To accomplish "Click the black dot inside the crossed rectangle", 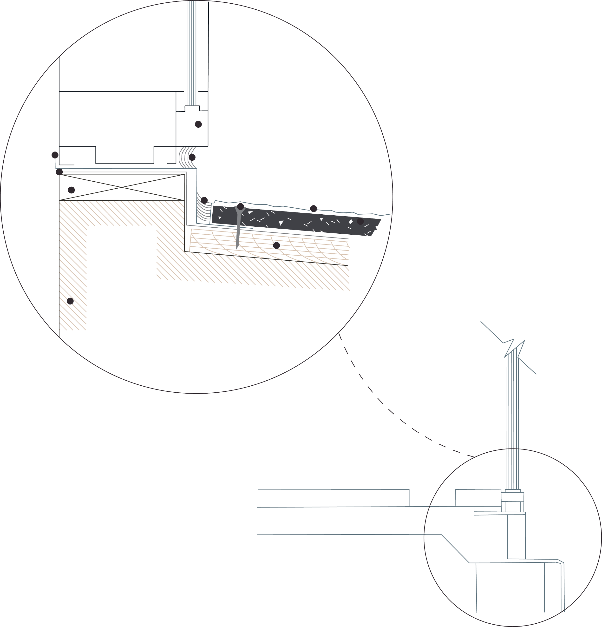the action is coord(71,190).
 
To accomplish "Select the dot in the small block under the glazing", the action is coord(198,124).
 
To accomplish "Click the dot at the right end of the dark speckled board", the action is coord(360,221).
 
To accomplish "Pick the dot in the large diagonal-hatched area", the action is coord(70,301).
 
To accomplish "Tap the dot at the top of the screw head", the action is coord(241,206).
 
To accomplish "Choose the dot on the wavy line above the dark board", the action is coord(314,209).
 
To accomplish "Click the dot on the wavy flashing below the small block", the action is coord(192,157).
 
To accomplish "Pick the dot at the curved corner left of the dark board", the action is coord(204,201).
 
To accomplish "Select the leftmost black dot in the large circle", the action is coord(55,155).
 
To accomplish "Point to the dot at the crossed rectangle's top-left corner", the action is coord(59,172).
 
